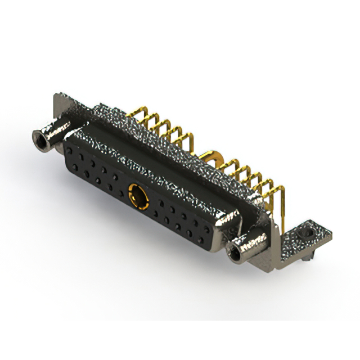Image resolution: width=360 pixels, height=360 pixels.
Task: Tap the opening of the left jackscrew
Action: [x=39, y=136]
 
